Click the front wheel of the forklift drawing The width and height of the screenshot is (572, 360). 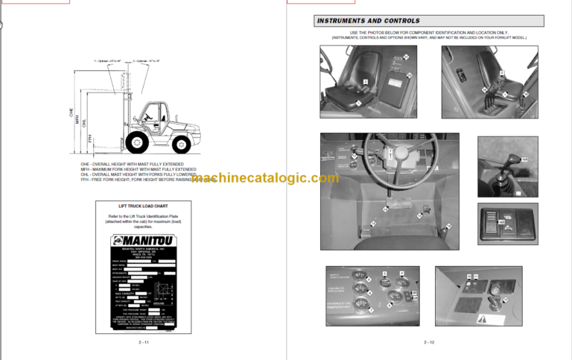point(137,142)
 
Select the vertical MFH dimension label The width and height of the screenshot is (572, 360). point(77,119)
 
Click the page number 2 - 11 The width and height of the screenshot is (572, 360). point(144,342)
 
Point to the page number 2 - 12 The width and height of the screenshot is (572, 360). point(430,342)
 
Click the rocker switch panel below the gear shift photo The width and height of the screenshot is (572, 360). point(506,221)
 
